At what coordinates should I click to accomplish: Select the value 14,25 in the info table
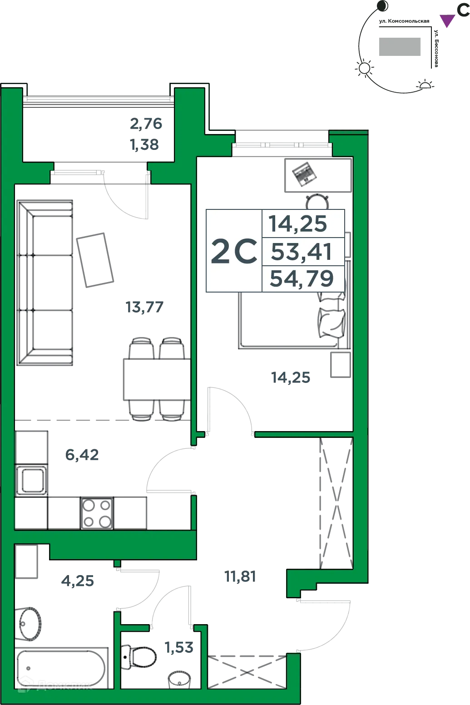click(x=298, y=224)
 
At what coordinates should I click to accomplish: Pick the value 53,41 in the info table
click(x=302, y=252)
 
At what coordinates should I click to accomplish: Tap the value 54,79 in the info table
click(x=302, y=278)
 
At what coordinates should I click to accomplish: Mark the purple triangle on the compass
click(x=447, y=20)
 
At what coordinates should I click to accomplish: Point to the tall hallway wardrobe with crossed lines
click(x=335, y=502)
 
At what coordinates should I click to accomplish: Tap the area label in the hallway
click(x=240, y=578)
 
